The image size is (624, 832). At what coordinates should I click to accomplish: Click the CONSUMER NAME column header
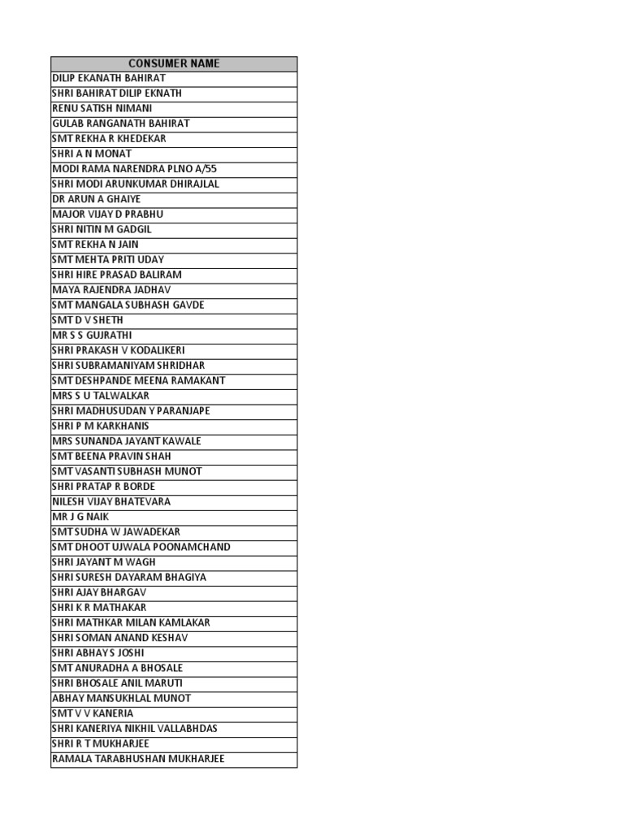point(174,63)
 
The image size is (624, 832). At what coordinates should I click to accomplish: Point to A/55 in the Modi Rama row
point(204,169)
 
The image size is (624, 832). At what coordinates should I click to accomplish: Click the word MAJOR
point(67,214)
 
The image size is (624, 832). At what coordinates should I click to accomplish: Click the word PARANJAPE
point(183,411)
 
